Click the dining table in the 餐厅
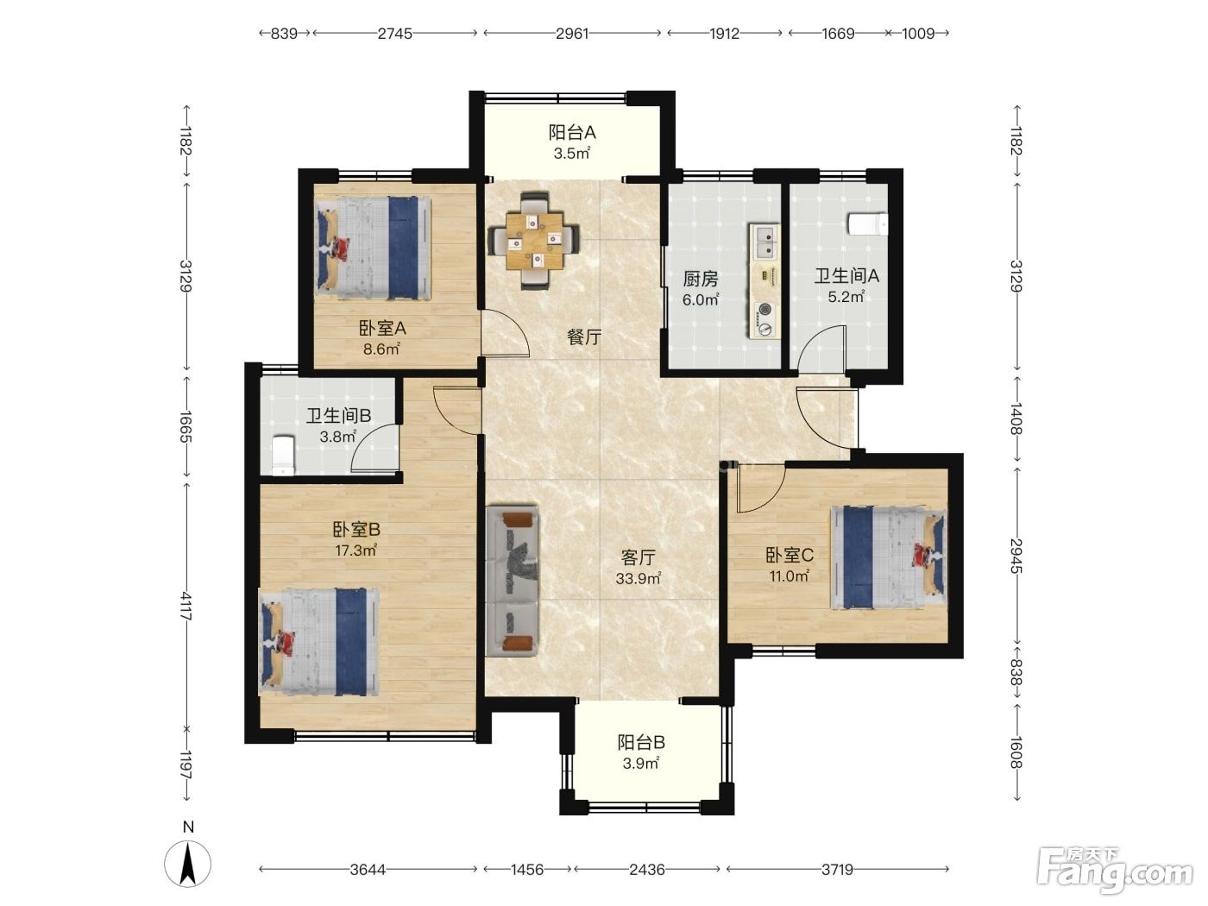point(536,241)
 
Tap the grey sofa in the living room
point(512,581)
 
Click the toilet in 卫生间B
point(283,455)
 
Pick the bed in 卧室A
point(373,249)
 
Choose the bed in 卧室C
point(888,557)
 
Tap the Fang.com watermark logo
point(1115,871)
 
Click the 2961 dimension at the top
point(572,34)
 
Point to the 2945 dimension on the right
point(1016,556)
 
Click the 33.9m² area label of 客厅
point(639,578)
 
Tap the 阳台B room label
point(641,743)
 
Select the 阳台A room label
point(572,133)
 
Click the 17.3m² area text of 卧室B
point(356,551)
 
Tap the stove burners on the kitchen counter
point(765,319)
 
